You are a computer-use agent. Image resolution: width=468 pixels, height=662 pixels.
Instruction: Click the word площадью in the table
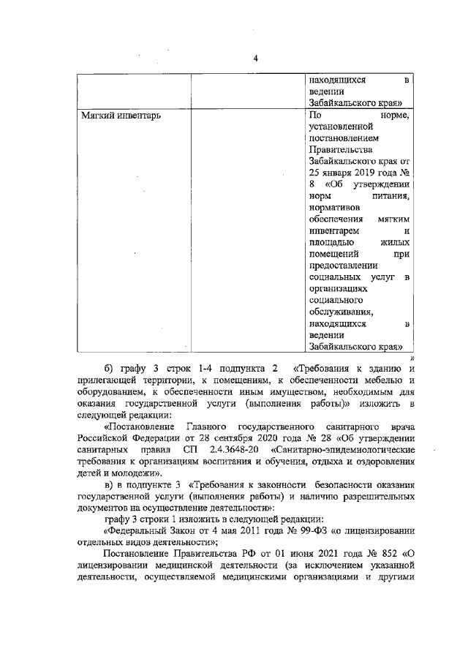click(333, 242)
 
